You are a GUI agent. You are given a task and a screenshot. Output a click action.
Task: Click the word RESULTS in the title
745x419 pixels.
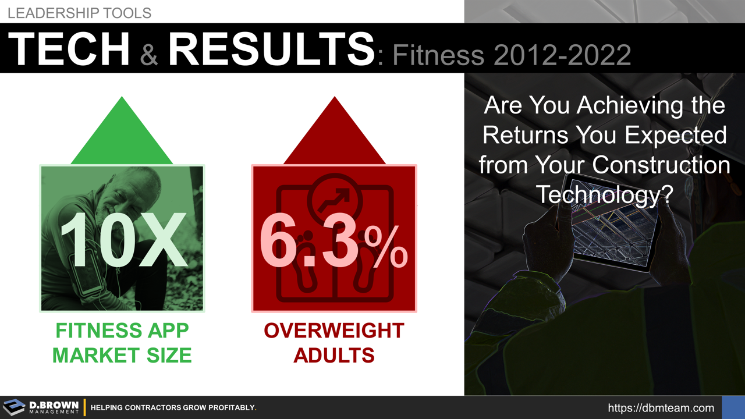[271, 49]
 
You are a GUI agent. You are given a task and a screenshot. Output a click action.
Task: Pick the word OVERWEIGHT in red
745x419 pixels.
[334, 331]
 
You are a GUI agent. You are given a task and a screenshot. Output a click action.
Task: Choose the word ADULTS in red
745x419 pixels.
[334, 354]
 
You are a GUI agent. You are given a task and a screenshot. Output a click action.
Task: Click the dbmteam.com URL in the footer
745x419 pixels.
[661, 408]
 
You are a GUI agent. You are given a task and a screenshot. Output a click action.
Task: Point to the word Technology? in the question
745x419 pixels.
[604, 194]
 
